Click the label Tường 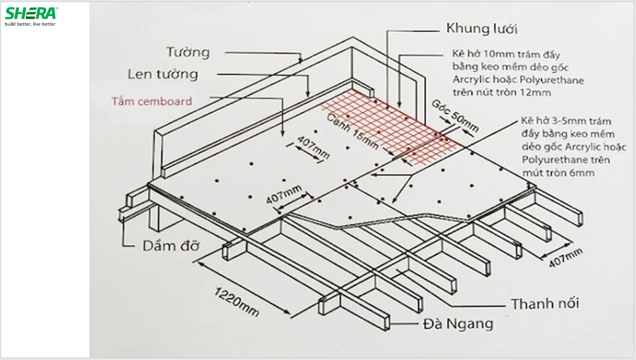click(187, 52)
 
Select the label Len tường click(163, 74)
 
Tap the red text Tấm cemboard click(151, 101)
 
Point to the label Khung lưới click(481, 29)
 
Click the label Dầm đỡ click(170, 246)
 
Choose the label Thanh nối click(545, 303)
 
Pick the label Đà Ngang click(458, 324)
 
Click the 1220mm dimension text click(236, 301)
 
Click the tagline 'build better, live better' click(31, 24)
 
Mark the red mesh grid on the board click(390, 126)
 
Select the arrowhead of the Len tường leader click(308, 95)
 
